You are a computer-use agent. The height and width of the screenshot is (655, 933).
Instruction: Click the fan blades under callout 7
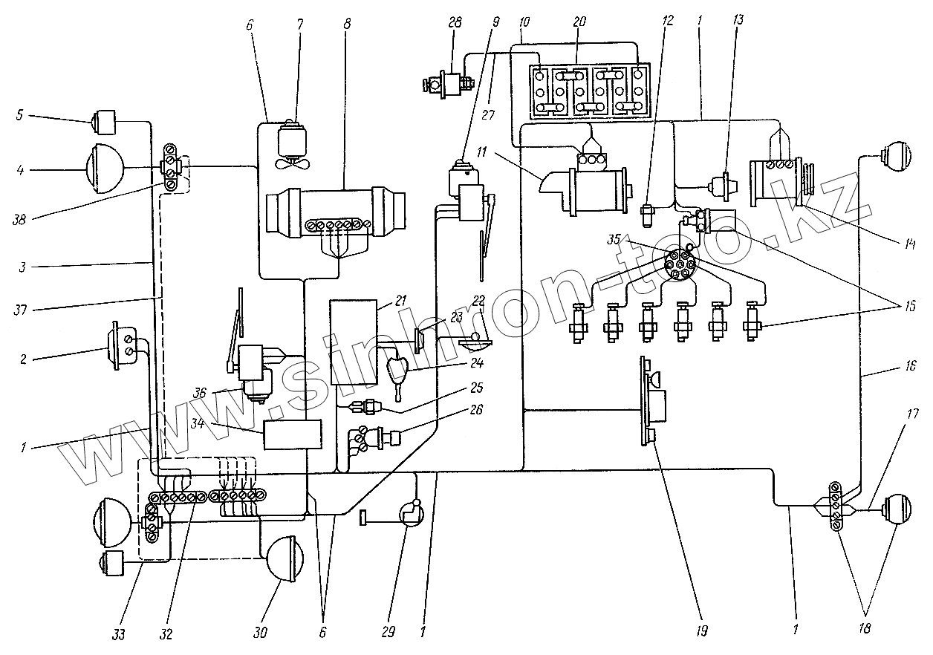(x=291, y=164)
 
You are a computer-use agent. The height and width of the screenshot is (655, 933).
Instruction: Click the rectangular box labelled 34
(x=292, y=434)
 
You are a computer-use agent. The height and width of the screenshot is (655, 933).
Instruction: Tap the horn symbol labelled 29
(x=409, y=515)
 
